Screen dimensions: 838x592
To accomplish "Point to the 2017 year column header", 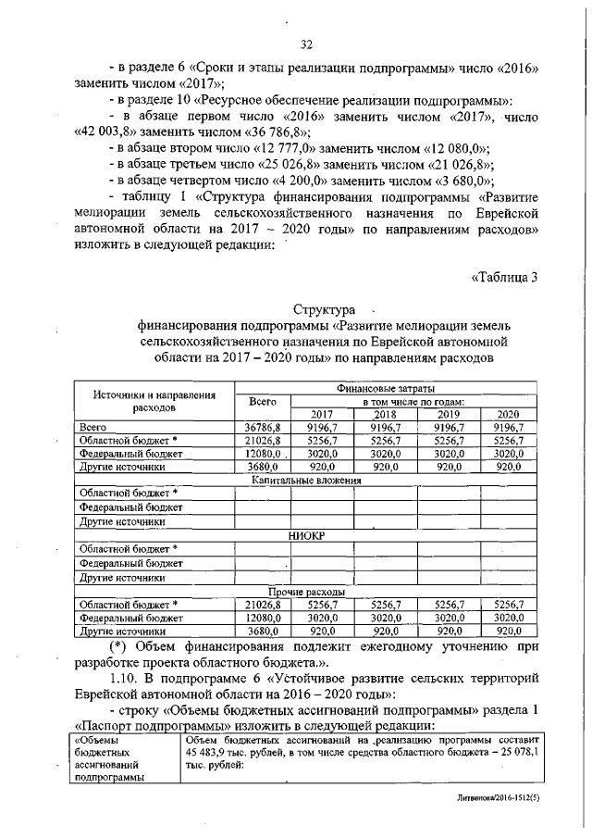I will coord(321,413).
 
